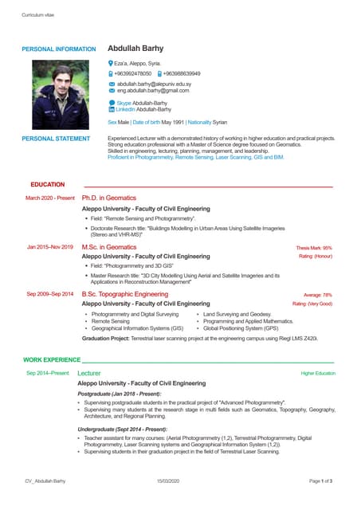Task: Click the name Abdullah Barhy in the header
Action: click(x=140, y=49)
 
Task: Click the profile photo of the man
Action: click(x=58, y=93)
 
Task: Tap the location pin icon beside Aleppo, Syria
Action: click(x=111, y=63)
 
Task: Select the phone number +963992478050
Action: click(x=132, y=73)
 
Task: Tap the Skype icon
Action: click(x=112, y=103)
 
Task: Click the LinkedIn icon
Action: click(x=112, y=109)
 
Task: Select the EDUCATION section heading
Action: click(x=47, y=185)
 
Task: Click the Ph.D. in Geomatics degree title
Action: click(x=109, y=198)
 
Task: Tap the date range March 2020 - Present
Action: click(x=50, y=198)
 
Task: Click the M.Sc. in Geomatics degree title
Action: click(x=109, y=248)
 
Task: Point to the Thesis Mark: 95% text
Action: click(x=314, y=249)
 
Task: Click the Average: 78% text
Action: click(x=318, y=295)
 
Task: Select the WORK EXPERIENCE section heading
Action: click(x=52, y=361)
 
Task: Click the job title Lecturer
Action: click(x=89, y=373)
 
